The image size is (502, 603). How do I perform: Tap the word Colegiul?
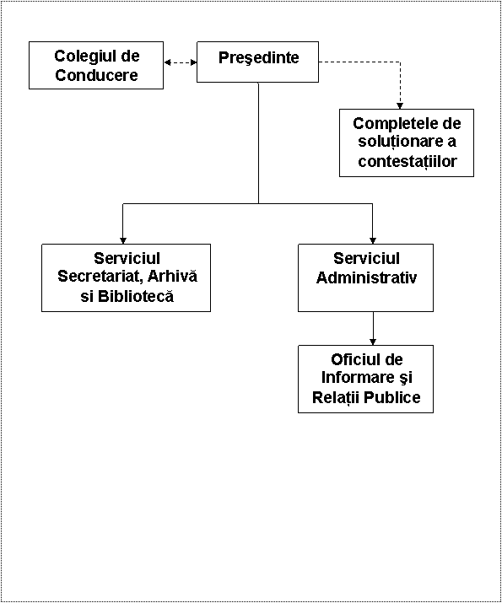[81, 57]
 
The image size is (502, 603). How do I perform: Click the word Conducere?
[96, 74]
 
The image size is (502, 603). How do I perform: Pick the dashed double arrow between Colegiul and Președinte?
[181, 62]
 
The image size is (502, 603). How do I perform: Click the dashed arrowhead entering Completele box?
[400, 105]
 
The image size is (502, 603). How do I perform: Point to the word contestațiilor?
[408, 162]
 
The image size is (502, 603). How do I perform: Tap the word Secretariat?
[100, 277]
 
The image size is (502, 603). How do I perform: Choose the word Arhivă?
[173, 276]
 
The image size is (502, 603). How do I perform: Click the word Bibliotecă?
[136, 296]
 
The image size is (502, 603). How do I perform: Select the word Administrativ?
[366, 277]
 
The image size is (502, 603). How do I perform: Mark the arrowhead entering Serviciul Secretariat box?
[123, 240]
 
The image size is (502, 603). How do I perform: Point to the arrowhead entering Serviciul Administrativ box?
[372, 240]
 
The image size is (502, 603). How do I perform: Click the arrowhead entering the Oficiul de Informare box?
[373, 342]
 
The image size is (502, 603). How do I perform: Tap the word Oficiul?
[354, 359]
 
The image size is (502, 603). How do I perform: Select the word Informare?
[357, 378]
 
